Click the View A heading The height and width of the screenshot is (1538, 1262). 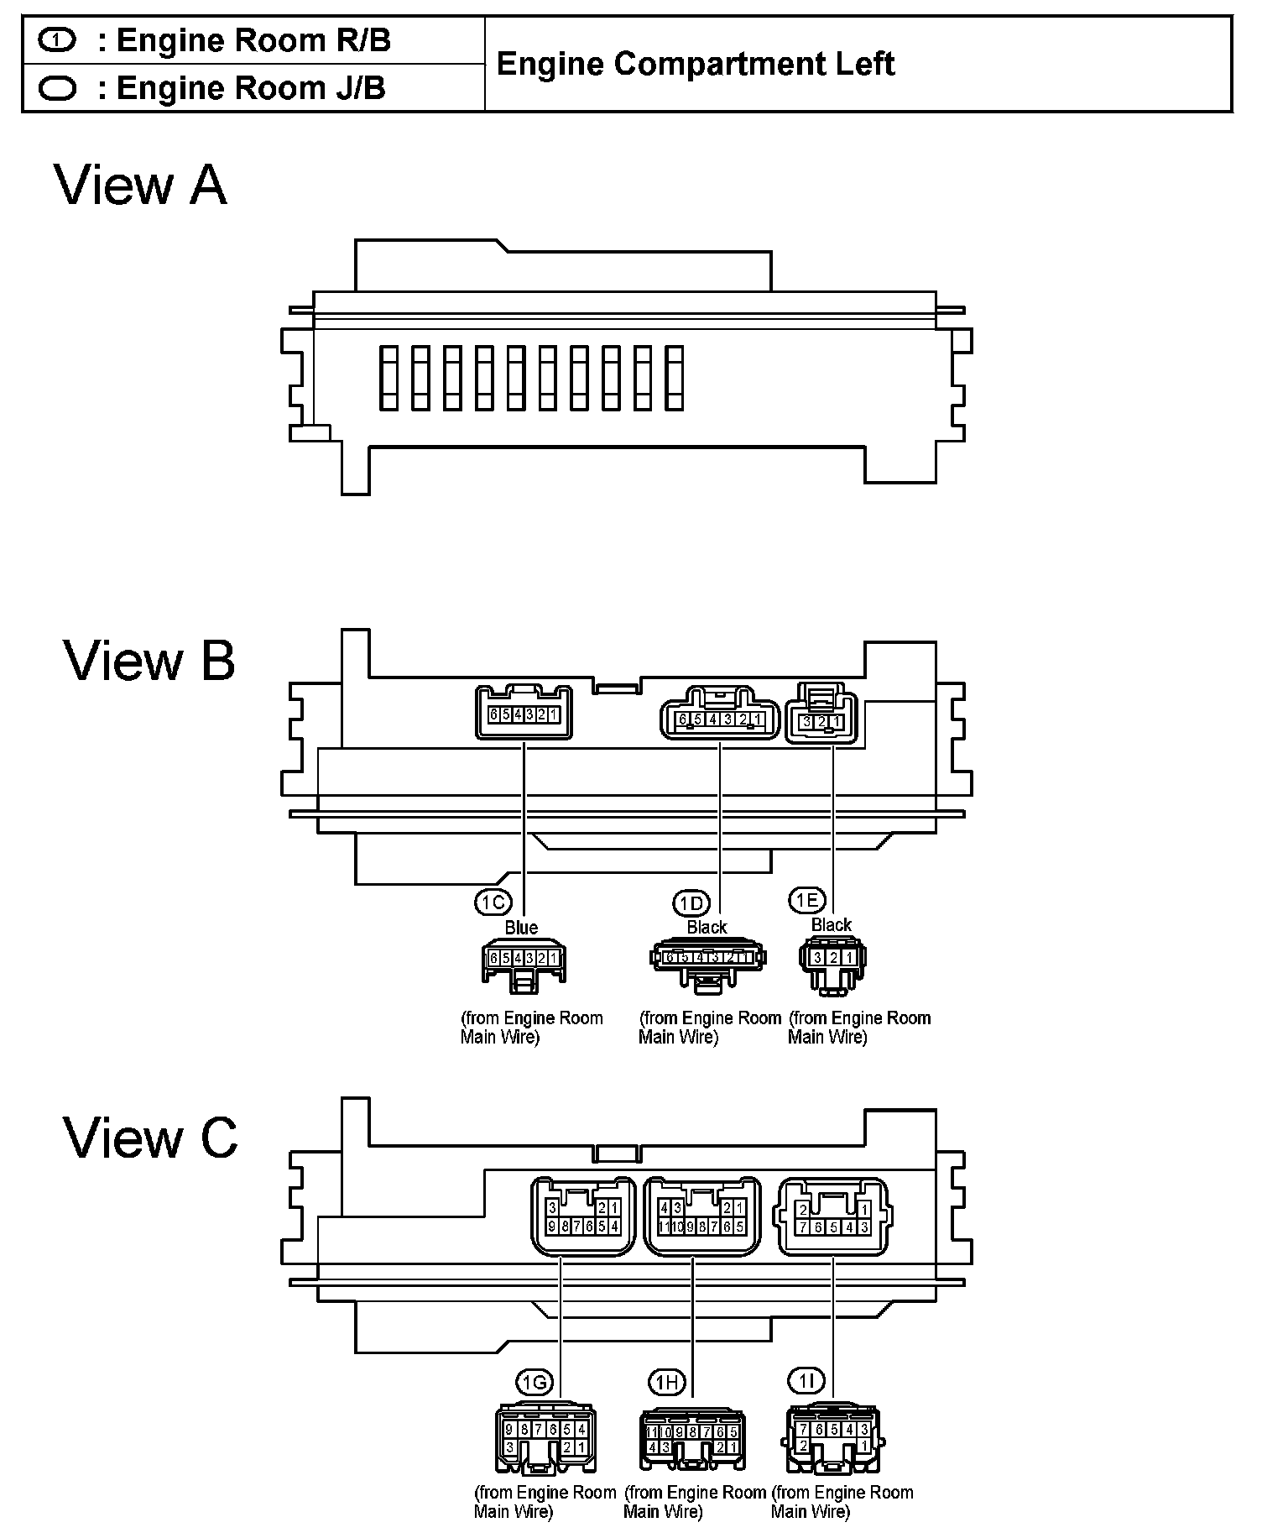pos(141,186)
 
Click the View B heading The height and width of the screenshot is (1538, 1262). pos(149,661)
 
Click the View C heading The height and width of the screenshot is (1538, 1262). pos(150,1138)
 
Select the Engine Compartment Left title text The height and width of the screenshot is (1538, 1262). pos(696,64)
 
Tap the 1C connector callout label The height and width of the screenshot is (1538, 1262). pos(493,902)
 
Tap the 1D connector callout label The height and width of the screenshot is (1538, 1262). pos(691,903)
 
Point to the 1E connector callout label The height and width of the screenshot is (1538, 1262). pos(806,901)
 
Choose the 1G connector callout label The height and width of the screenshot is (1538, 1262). pos(534,1381)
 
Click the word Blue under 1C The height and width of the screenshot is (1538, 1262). pos(521,928)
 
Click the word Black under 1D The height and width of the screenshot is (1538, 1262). pos(707,927)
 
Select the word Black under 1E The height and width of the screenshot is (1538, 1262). pos(832,925)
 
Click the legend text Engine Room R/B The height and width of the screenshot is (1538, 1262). pos(253,40)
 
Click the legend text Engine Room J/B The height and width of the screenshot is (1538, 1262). pos(250,87)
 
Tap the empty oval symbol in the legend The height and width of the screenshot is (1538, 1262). pos(58,88)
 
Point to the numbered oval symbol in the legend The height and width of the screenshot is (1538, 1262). pos(58,40)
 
